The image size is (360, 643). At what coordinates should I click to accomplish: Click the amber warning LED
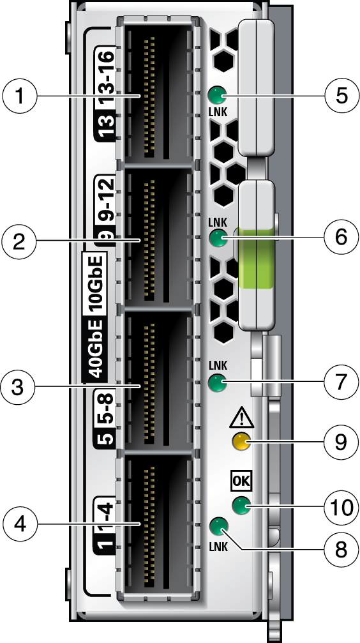pyautogui.click(x=241, y=443)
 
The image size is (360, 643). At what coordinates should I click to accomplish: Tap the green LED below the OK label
pyautogui.click(x=241, y=506)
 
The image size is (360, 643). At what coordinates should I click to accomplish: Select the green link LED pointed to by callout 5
pyautogui.click(x=217, y=96)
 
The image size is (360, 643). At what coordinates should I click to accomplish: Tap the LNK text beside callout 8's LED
pyautogui.click(x=217, y=546)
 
